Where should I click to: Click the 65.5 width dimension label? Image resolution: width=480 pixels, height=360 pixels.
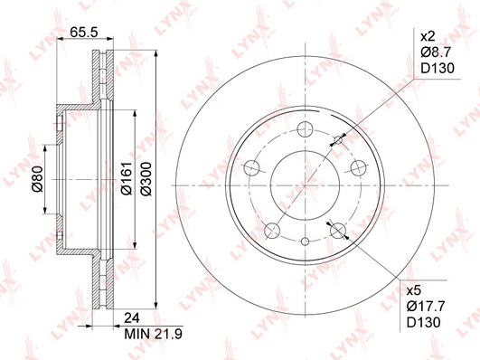pos(84,32)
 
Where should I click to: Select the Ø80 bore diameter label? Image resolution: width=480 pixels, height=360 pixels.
pos(37,178)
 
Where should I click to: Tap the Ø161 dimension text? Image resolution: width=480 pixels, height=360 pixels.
pos(127,178)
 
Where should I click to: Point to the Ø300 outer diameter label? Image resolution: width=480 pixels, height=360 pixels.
pos(146,178)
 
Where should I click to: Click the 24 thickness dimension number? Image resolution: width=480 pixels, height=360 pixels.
pos(132,318)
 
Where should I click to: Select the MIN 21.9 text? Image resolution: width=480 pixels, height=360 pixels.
pos(153,334)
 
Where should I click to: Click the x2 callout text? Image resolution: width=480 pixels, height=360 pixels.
pos(428,37)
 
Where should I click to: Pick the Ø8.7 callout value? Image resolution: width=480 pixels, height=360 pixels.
pos(436,52)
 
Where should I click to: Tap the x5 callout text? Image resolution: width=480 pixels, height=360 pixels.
pos(414,290)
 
